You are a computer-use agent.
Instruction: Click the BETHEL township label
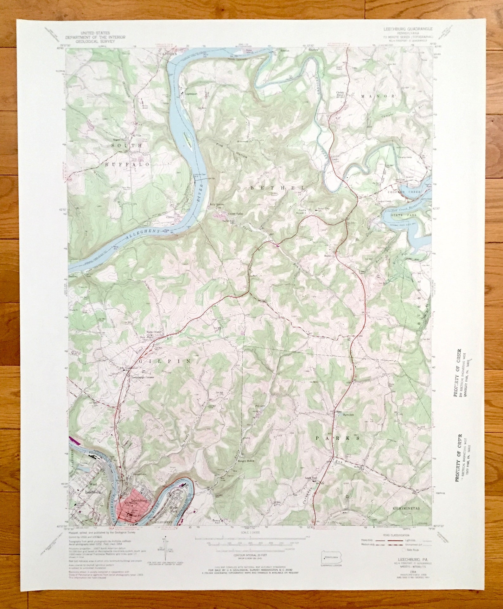click(x=277, y=188)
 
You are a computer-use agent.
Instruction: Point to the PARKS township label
click(x=337, y=438)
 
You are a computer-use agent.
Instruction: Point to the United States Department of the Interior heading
click(x=95, y=37)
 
